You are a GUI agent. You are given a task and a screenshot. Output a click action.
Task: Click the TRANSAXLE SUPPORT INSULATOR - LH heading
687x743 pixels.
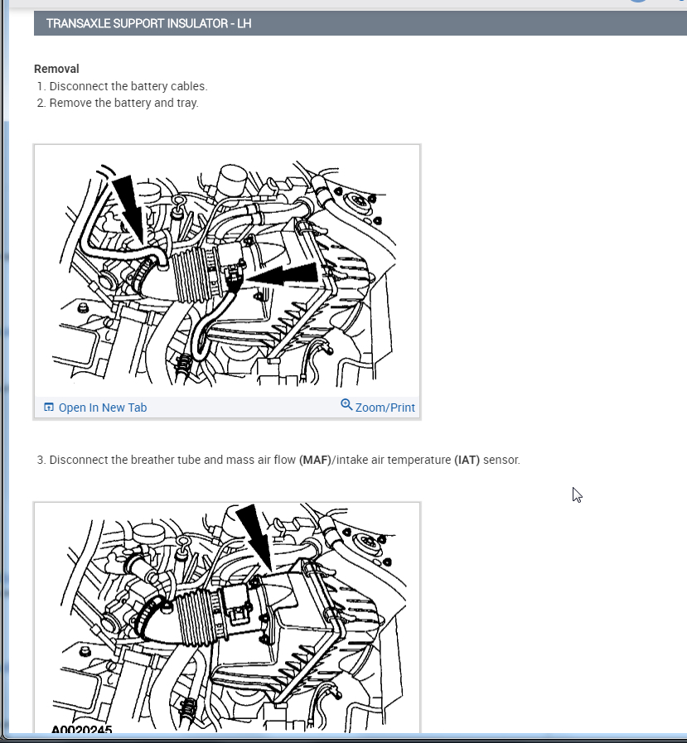coord(148,24)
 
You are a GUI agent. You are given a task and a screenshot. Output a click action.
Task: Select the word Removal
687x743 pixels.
coord(56,69)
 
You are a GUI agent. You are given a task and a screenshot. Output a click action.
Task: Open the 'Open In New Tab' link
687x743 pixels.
coord(103,408)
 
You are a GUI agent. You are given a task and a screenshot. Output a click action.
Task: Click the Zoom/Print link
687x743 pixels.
coord(385,408)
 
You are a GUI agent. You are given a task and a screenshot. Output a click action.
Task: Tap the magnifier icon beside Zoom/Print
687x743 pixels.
coord(346,405)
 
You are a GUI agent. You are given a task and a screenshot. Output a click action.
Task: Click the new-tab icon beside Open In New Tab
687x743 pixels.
coord(48,407)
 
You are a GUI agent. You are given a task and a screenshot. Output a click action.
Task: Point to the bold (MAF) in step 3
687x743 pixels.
coord(315,460)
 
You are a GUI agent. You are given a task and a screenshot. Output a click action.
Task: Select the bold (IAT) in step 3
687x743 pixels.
coord(467,460)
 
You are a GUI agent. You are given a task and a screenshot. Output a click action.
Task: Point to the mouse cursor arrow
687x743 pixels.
coord(577,495)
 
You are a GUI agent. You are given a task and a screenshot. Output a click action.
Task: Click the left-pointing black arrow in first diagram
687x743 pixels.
coord(283,275)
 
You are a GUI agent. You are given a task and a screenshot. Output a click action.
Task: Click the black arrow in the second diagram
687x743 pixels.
coord(255,538)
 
